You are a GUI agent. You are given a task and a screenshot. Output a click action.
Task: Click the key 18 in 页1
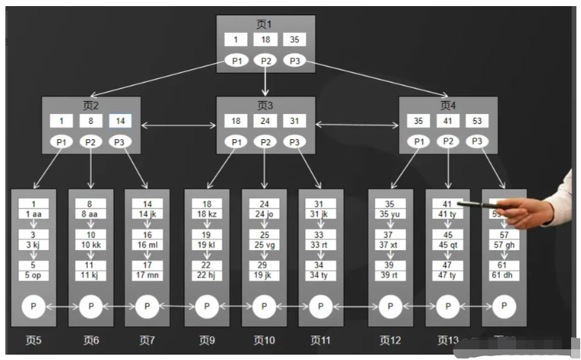(x=265, y=40)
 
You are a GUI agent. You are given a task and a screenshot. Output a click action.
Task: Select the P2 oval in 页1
(x=265, y=60)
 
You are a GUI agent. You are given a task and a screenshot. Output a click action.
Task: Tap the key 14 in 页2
(x=118, y=121)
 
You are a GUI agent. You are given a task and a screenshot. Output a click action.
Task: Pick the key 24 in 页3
(x=265, y=121)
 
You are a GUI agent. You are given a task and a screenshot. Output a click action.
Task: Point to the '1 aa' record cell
(x=34, y=214)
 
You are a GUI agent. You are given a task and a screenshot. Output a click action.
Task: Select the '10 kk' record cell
(x=91, y=245)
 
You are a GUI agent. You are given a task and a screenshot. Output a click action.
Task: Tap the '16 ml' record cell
(x=148, y=245)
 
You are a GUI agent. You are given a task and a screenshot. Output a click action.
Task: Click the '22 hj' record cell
(x=206, y=275)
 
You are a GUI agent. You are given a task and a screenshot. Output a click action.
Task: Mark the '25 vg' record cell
(x=265, y=245)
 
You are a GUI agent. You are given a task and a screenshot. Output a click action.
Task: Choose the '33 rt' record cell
(x=320, y=245)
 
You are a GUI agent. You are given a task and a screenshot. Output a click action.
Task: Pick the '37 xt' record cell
(x=390, y=245)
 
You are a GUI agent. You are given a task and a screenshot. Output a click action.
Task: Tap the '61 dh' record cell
(x=504, y=275)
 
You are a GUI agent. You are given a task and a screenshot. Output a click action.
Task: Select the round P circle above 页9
(x=206, y=306)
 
